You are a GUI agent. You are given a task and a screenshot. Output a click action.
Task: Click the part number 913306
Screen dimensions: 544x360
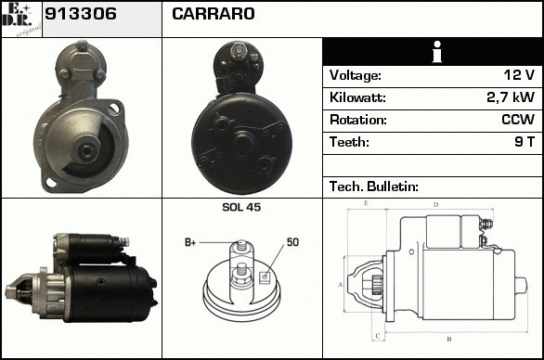81,14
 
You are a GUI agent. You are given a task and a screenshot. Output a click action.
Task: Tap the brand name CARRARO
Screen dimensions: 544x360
213,14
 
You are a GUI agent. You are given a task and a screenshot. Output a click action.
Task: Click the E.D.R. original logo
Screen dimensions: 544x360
21,19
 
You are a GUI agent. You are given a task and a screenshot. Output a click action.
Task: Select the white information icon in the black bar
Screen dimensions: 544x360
437,52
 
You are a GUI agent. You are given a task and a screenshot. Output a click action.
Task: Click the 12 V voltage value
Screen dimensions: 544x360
519,75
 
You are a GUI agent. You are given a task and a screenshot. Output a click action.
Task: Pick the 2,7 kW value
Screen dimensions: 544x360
511,97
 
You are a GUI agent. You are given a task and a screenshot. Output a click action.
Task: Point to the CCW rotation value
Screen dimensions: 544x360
518,120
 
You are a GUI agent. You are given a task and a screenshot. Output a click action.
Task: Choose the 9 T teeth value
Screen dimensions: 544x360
525,142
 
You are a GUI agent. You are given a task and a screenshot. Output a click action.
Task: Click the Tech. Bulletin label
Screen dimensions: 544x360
374,186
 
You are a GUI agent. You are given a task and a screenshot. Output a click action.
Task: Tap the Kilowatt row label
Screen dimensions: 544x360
357,97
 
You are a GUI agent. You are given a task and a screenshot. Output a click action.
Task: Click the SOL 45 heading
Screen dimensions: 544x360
241,207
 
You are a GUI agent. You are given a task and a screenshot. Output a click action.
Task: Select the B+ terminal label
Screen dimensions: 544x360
190,242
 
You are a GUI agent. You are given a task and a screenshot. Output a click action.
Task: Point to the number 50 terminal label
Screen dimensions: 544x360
292,242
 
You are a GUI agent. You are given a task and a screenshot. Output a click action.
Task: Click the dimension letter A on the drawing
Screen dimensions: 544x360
341,285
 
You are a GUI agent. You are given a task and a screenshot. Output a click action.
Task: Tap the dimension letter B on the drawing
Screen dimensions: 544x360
449,339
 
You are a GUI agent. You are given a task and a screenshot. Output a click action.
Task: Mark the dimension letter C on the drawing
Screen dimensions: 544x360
378,336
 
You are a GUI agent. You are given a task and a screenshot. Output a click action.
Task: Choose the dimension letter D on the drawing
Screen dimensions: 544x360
436,205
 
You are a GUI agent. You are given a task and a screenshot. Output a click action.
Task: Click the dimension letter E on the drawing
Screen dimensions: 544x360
366,203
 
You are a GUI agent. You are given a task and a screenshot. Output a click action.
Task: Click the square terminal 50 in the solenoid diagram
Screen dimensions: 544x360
265,276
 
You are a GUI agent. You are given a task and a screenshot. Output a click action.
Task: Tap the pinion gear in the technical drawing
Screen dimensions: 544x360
376,285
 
